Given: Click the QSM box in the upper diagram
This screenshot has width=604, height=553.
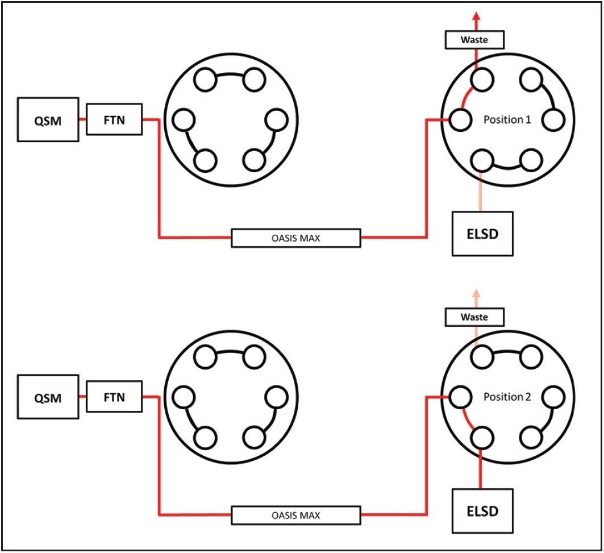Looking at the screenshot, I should pos(48,119).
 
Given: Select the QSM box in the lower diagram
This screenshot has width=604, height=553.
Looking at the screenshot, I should pos(48,397).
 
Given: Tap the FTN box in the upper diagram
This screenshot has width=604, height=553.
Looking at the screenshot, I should pos(114,119).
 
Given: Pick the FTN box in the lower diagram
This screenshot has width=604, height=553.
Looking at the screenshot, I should pos(114,396).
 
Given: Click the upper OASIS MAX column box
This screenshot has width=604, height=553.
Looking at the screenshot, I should pos(295,238).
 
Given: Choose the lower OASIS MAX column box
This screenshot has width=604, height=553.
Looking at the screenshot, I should pos(295,515).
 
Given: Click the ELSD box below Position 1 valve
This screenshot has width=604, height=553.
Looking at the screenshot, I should pos(482,234).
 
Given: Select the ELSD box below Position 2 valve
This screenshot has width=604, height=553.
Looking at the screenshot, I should pos(482,510).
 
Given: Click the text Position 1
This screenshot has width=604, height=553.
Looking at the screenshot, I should pos(507,120).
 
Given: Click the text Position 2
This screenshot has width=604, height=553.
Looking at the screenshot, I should pos(507,397).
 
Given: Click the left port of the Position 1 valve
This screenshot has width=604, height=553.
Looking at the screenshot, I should pos(460,120).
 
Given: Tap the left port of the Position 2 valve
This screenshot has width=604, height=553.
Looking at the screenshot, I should pos(460,396).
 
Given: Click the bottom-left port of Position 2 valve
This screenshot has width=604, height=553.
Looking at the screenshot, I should pos(482,437).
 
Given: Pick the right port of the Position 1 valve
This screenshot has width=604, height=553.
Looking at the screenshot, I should pos(553,120).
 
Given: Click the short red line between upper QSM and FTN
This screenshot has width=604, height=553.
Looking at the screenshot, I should pos(82,119).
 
